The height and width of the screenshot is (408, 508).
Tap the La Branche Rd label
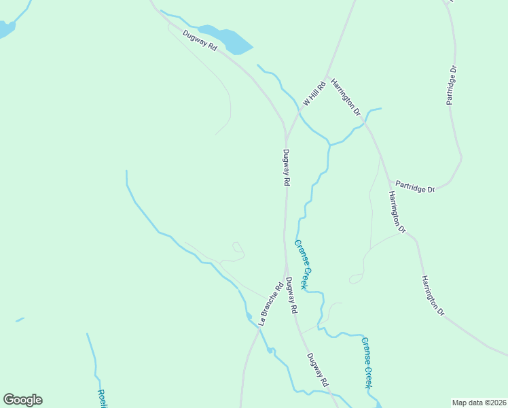[270, 303]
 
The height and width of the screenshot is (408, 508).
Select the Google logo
[22, 400]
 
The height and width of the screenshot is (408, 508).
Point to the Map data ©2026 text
[479, 403]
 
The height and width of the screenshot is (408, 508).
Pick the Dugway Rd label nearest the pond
[199, 41]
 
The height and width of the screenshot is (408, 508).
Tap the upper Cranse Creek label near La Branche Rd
[302, 264]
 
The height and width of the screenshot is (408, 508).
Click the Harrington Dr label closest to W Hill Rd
[346, 97]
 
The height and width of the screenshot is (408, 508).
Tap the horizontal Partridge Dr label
[415, 186]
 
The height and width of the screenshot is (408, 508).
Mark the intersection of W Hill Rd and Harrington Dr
[327, 75]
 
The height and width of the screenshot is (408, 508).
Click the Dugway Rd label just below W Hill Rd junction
[287, 167]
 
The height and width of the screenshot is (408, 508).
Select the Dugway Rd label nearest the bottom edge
[317, 370]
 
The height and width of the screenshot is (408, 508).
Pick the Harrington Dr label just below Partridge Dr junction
[397, 212]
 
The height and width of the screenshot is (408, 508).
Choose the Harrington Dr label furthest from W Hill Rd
[431, 295]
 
